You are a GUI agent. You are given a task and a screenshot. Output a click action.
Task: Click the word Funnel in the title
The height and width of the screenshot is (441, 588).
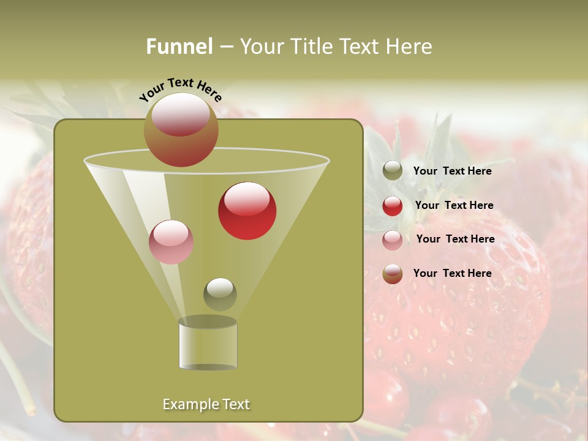[x=179, y=47]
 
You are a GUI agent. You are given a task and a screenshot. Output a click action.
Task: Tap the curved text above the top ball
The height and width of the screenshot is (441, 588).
[x=180, y=89]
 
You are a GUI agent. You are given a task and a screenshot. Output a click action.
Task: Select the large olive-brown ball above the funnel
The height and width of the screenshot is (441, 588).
[x=181, y=129]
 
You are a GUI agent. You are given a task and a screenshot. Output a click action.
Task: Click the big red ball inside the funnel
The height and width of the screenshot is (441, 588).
[x=247, y=211]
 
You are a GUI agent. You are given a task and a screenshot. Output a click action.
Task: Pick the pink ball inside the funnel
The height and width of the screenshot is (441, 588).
[x=171, y=242]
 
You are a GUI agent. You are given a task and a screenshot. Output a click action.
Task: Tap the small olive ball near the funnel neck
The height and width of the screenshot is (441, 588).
[x=220, y=294]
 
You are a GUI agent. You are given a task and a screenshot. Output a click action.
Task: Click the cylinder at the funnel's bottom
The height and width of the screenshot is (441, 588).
[x=208, y=345]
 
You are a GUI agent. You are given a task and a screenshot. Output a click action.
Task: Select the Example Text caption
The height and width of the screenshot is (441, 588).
[x=206, y=404]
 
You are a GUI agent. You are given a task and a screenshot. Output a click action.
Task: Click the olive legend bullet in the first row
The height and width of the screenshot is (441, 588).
[x=393, y=171]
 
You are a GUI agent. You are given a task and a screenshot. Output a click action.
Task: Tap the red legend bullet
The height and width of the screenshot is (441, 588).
[x=393, y=206]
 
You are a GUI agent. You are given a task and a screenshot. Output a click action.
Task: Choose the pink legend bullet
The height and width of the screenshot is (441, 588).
[x=393, y=240]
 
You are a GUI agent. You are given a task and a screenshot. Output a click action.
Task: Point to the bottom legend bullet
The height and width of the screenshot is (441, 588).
[x=393, y=274]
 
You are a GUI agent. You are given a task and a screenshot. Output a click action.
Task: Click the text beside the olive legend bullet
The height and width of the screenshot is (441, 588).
[x=452, y=171]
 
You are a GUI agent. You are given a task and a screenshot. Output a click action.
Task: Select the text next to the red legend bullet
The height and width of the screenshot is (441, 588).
[x=454, y=206]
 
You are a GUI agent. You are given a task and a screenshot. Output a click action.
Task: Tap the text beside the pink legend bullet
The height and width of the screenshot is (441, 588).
[x=455, y=239]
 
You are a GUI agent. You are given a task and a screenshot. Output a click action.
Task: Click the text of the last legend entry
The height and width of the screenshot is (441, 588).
[x=452, y=273]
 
